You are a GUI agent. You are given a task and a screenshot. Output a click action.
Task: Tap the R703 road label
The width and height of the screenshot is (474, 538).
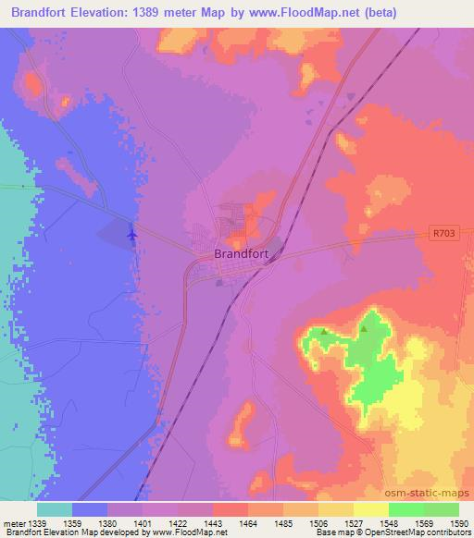pos(443,237)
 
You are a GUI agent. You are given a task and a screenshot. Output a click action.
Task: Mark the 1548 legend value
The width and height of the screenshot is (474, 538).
pos(375,524)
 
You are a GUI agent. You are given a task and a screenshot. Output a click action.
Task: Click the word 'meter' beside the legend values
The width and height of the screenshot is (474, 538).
pos(15,524)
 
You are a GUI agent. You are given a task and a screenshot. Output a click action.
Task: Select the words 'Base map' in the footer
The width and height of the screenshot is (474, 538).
pos(331,533)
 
